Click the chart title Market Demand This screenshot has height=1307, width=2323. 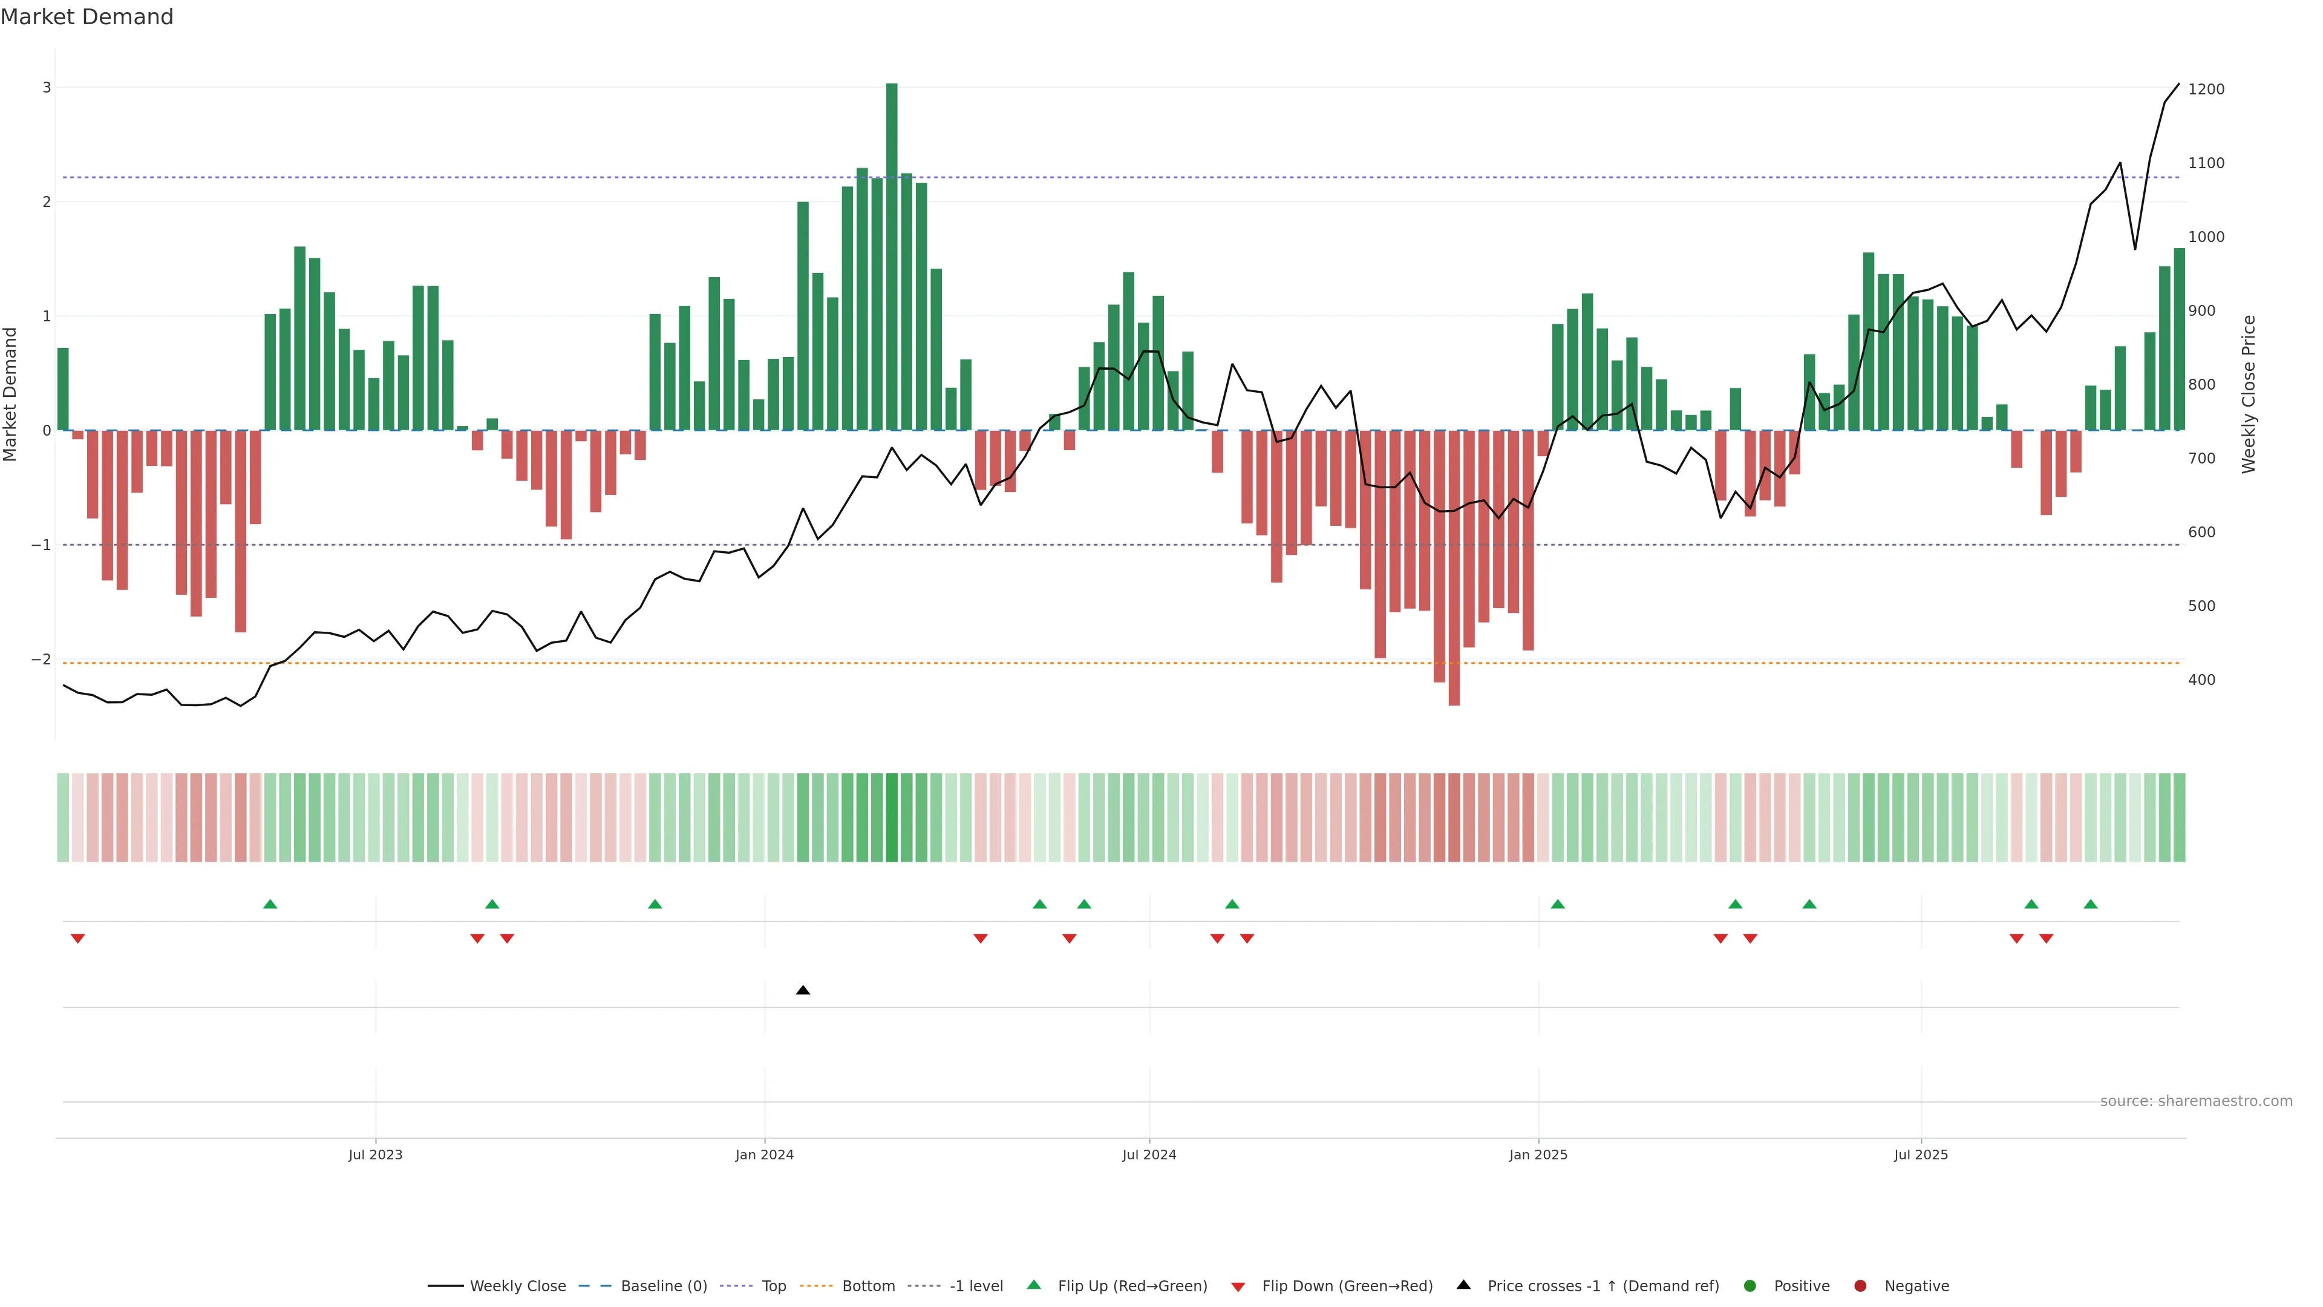point(87,17)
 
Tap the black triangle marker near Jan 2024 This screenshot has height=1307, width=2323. point(803,991)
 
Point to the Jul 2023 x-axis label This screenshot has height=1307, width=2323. point(375,1155)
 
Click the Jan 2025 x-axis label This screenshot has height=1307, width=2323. point(1538,1155)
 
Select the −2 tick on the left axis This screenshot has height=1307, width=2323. point(41,660)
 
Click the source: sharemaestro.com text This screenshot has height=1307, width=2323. point(2196,1101)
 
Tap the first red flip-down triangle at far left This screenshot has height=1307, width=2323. point(77,939)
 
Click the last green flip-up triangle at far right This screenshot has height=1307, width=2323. point(2090,904)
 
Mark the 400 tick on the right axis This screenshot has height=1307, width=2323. point(2201,680)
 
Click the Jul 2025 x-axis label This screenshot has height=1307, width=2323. point(1921,1155)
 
